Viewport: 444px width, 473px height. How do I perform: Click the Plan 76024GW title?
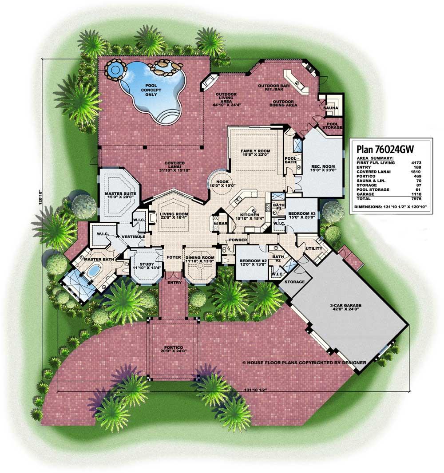(385, 149)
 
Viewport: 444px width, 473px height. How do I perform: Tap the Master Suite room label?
(120, 196)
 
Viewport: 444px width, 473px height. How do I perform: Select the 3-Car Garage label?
(345, 307)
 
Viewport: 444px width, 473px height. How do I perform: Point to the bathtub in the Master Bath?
(95, 270)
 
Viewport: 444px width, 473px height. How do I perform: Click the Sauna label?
(330, 108)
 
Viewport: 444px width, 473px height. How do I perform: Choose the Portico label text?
(174, 349)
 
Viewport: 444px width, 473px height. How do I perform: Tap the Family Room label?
(255, 153)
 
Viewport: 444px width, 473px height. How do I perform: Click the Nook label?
(222, 184)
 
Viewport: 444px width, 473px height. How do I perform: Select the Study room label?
(147, 266)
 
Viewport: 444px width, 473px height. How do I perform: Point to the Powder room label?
(238, 240)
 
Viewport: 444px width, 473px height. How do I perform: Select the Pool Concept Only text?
(151, 90)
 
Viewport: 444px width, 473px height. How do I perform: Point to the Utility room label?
(314, 248)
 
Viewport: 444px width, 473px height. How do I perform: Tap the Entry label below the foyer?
(174, 282)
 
